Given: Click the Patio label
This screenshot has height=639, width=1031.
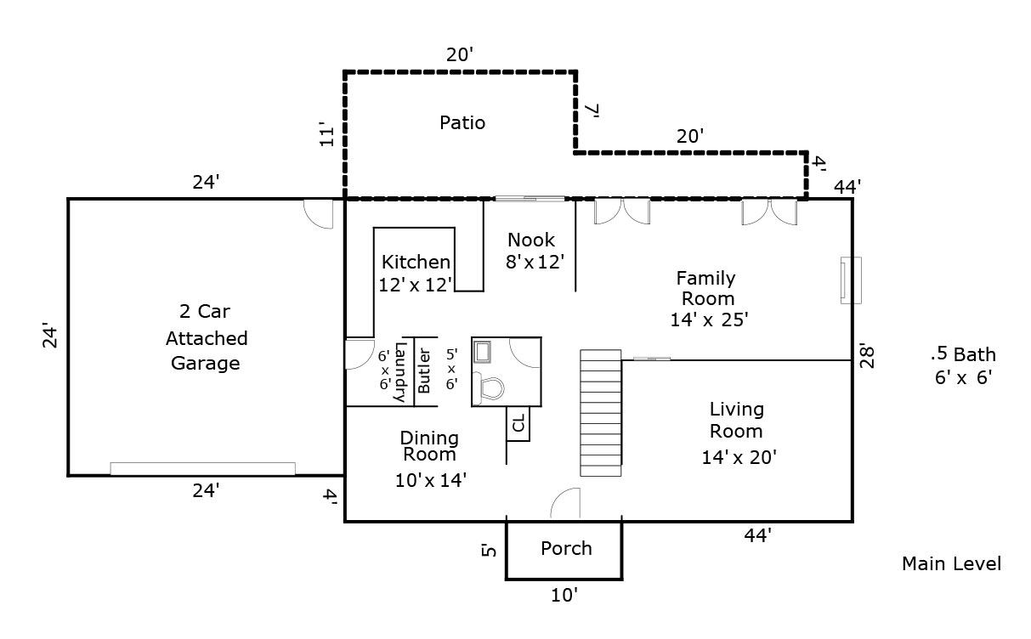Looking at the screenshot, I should pos(462,123).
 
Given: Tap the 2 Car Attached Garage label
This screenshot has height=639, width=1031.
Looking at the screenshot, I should pos(206,337).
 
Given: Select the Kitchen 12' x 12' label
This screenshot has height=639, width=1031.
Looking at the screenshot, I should pos(416,273).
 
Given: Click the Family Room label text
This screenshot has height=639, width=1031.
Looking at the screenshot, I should pos(706,288).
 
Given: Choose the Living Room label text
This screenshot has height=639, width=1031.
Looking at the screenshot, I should pos(737,420).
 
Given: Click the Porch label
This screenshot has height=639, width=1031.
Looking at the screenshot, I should pos(566,548).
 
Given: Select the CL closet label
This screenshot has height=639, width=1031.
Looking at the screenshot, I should pos(518,422).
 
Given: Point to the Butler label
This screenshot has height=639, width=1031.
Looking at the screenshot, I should pos(425,371).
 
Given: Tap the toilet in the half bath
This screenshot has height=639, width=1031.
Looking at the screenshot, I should pos(490,387).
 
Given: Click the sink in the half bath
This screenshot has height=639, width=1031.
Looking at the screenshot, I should pos(484,351).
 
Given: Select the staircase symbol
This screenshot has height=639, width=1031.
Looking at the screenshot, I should pos(601,412).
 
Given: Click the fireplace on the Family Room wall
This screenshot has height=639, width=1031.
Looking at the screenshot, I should pos(850,280).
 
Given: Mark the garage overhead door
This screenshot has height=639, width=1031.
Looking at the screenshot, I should pos(202,468).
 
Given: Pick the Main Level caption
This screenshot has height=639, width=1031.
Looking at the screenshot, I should pos(951,563).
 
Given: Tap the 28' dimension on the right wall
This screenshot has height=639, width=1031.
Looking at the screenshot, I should pos(865,355).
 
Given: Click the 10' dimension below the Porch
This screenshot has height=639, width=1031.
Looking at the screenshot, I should pos(564,596).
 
